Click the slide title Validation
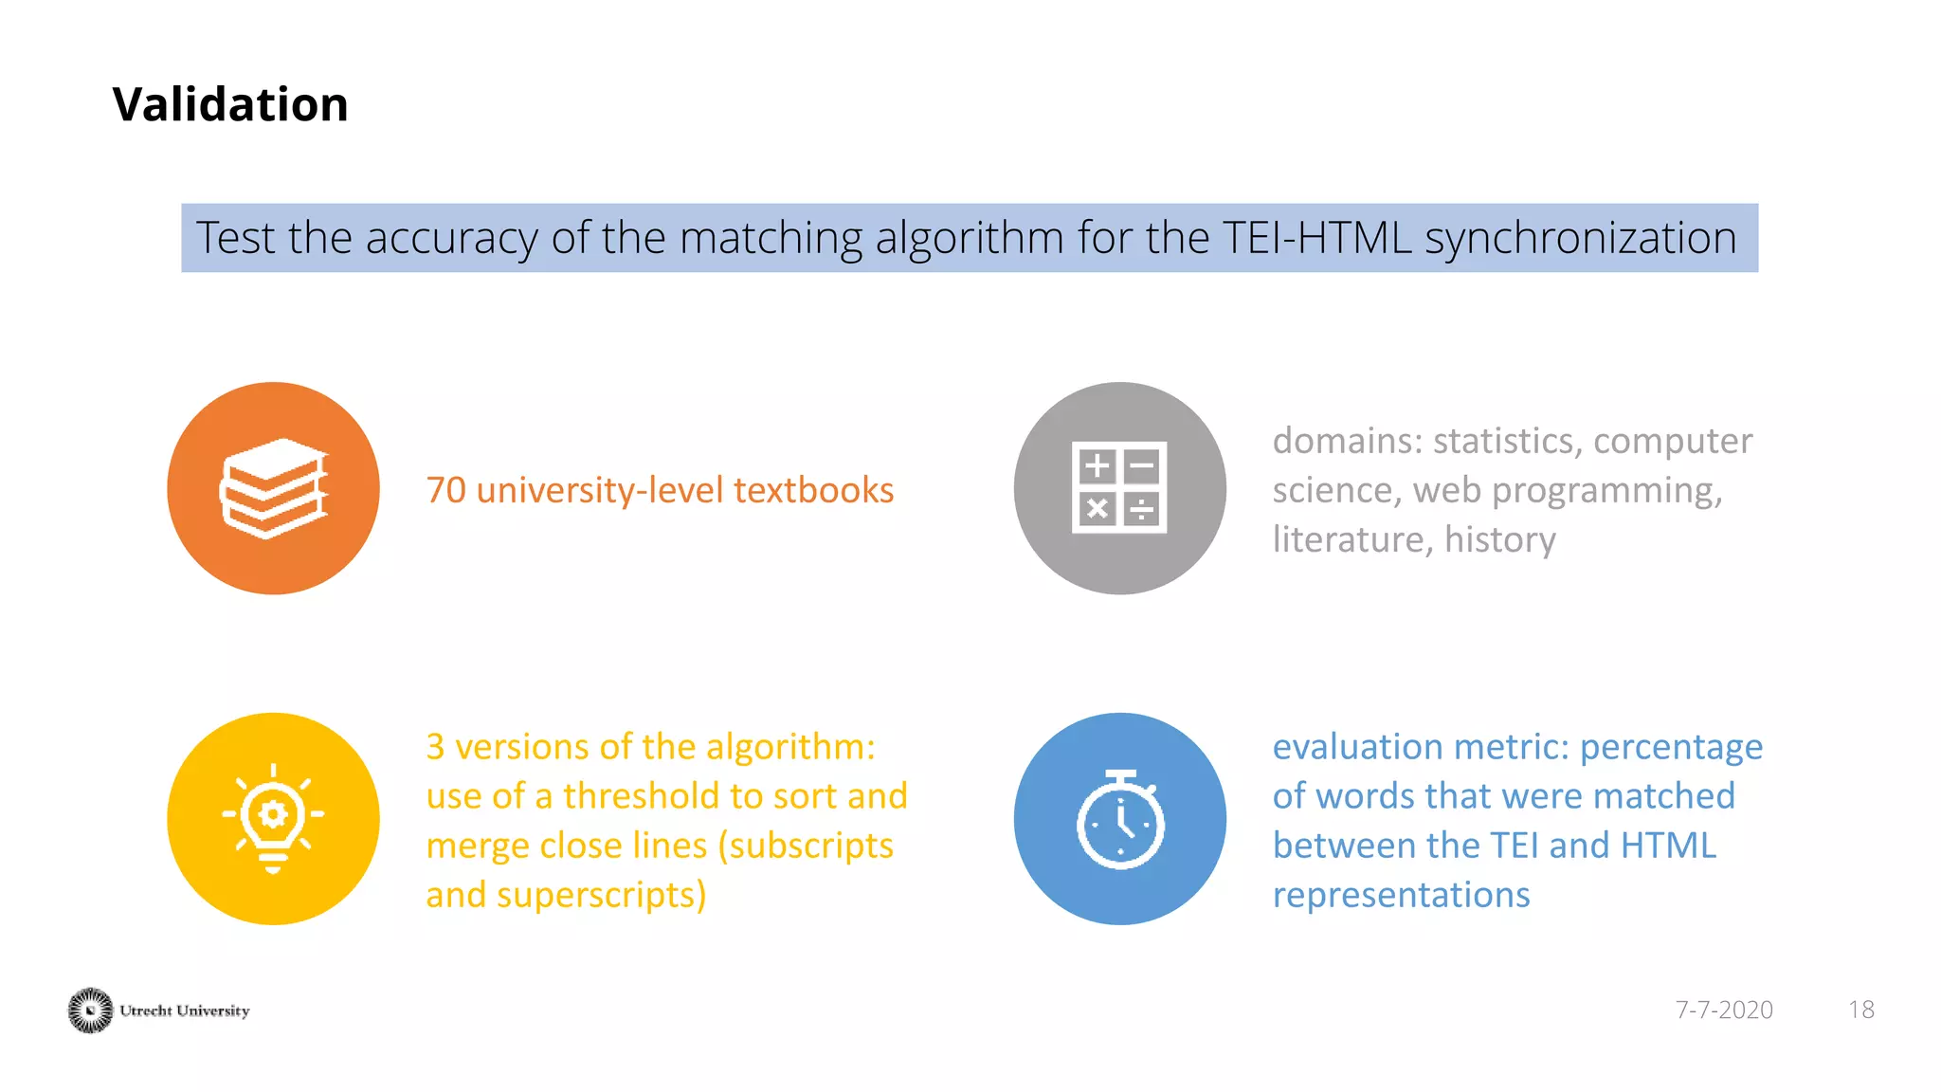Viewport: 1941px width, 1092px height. click(x=230, y=104)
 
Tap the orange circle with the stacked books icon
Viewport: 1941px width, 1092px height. click(x=273, y=488)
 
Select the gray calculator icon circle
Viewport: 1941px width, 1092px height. click(x=1119, y=488)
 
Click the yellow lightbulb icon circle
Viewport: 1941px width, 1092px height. click(x=273, y=818)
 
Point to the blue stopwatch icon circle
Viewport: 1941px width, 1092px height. click(x=1119, y=818)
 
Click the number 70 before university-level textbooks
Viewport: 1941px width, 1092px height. click(x=445, y=491)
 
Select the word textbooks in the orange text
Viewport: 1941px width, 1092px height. click(x=813, y=491)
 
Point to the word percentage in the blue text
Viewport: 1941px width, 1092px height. click(x=1671, y=748)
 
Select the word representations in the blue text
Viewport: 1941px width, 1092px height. click(x=1401, y=895)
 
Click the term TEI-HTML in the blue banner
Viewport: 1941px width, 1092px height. click(x=1317, y=238)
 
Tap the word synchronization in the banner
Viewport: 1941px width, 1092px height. click(x=1581, y=238)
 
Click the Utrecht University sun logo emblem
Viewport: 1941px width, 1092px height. click(x=90, y=1010)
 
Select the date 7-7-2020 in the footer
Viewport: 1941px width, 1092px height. click(x=1723, y=1010)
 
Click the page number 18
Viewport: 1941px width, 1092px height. click(x=1860, y=1010)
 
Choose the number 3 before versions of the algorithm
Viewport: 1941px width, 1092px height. click(x=435, y=748)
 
